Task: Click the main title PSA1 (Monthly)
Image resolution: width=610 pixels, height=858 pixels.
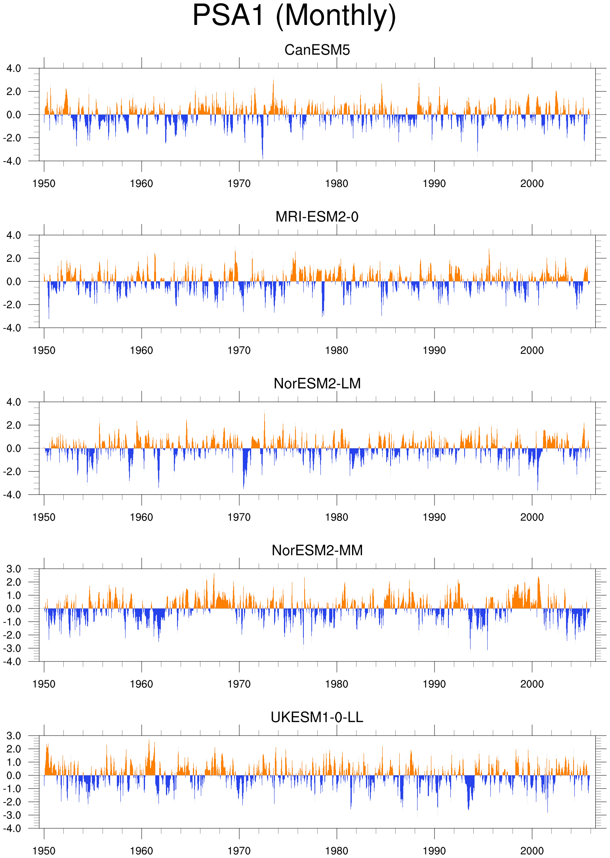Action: point(294,16)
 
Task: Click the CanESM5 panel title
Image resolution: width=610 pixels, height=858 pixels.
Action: point(317,50)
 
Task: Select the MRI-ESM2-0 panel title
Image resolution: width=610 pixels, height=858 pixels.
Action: point(317,217)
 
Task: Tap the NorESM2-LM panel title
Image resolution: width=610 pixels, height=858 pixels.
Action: point(317,383)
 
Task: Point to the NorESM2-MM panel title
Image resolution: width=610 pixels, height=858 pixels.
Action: point(317,550)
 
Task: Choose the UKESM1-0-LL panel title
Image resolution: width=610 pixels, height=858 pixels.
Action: point(317,717)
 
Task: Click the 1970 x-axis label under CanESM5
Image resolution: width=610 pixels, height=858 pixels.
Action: point(239,183)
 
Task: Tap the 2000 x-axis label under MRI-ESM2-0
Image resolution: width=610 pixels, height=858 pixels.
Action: point(532,350)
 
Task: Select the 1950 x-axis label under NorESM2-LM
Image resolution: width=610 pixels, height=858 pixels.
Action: point(44,517)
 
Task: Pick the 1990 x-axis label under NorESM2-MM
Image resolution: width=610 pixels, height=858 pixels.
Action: point(435,684)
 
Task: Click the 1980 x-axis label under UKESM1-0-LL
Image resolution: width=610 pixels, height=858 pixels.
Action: point(337,850)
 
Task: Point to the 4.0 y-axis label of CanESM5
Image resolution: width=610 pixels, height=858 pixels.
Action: point(14,69)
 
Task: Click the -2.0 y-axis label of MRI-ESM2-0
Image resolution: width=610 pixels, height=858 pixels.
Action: point(12,305)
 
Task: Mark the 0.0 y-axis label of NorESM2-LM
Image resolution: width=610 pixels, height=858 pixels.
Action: point(14,448)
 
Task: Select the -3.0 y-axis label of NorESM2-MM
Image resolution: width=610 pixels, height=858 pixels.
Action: point(12,648)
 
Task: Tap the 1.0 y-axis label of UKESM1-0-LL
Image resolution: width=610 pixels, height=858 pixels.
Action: point(14,762)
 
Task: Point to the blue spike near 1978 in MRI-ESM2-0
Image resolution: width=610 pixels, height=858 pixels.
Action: point(323,299)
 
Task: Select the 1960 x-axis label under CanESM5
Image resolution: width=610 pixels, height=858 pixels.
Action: point(141,183)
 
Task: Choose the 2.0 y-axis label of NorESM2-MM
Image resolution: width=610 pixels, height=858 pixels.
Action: point(14,582)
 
